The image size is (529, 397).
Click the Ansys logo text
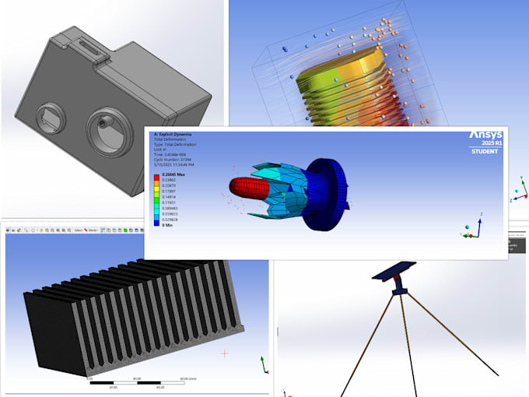(x=485, y=135)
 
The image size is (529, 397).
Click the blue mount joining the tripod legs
(x=399, y=290)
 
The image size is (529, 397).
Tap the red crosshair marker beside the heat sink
(x=225, y=353)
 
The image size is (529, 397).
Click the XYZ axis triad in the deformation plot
(x=471, y=227)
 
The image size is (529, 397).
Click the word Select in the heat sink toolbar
(x=79, y=230)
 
